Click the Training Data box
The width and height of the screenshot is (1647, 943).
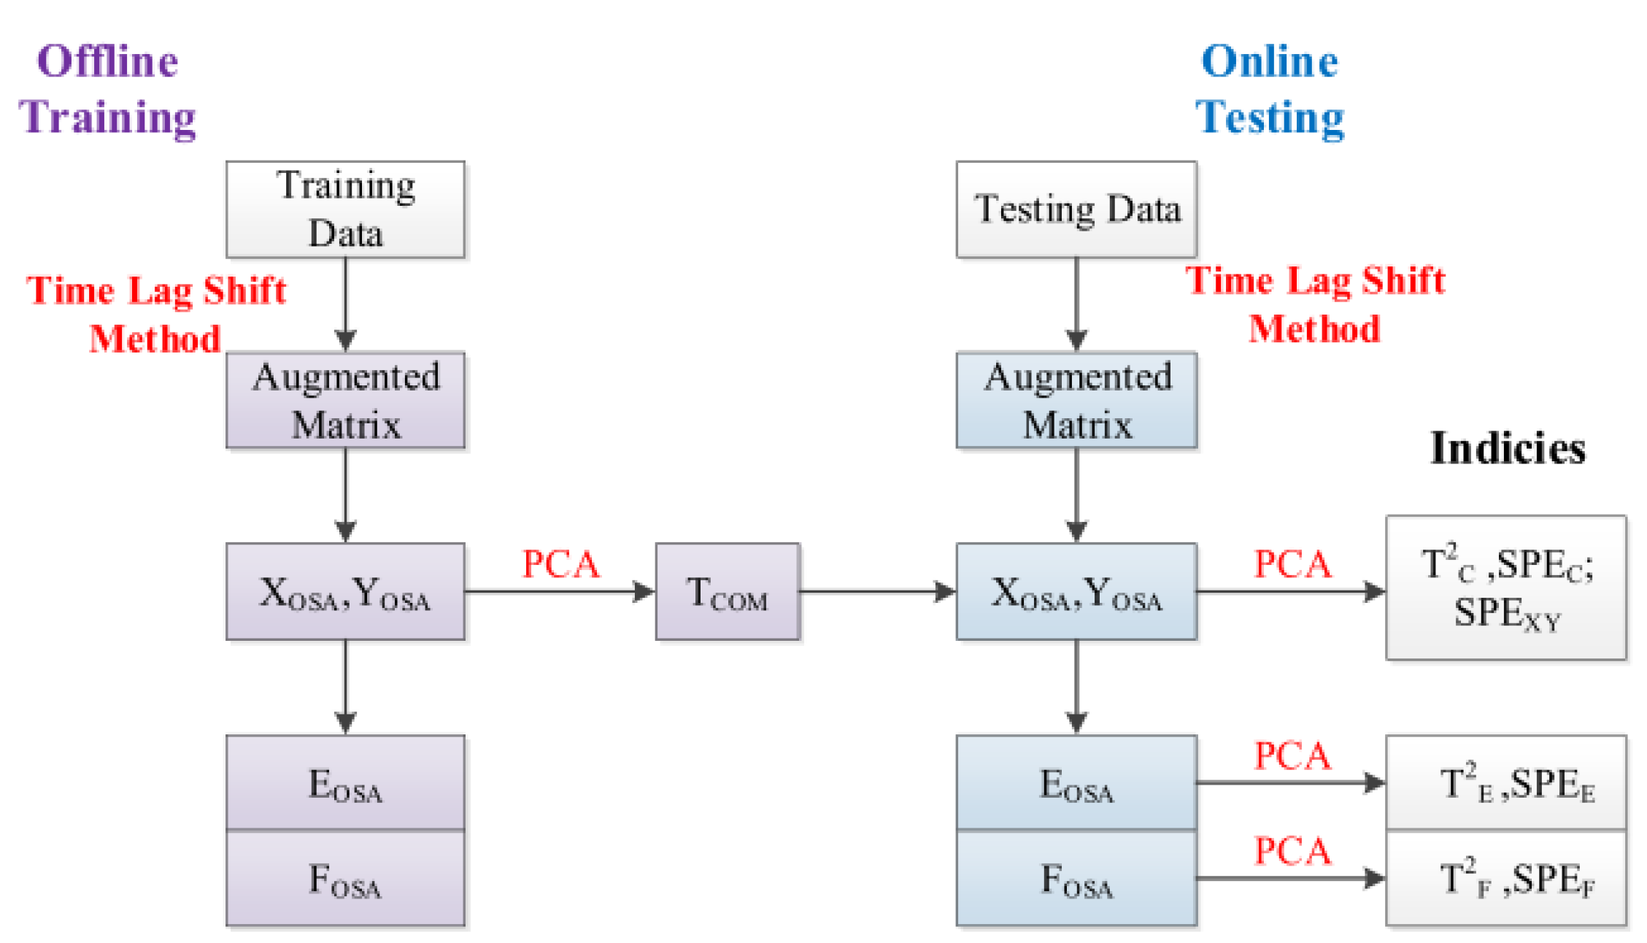click(x=345, y=209)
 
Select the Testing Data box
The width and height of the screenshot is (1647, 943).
click(x=1076, y=209)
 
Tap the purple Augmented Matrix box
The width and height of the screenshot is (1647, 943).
click(x=345, y=400)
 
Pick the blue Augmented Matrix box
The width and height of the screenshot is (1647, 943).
click(x=1076, y=400)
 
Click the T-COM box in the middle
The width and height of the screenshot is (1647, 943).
click(x=728, y=591)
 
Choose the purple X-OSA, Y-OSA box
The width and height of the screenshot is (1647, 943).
click(x=345, y=591)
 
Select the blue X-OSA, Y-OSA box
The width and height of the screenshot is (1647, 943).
click(x=1076, y=591)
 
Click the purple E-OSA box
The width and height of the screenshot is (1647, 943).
click(x=345, y=782)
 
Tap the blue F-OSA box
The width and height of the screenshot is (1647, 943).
click(x=1076, y=878)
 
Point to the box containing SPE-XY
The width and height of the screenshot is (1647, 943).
click(x=1506, y=588)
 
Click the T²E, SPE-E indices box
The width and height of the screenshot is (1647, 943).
click(x=1506, y=782)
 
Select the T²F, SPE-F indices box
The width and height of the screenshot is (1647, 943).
click(x=1506, y=878)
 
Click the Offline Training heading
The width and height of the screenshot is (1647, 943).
click(x=107, y=89)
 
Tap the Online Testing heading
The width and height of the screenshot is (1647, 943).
click(x=1270, y=89)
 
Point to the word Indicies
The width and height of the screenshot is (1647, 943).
click(x=1508, y=447)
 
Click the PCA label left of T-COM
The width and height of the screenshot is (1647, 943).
click(x=560, y=564)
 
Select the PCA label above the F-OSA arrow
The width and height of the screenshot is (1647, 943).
click(x=1292, y=851)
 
